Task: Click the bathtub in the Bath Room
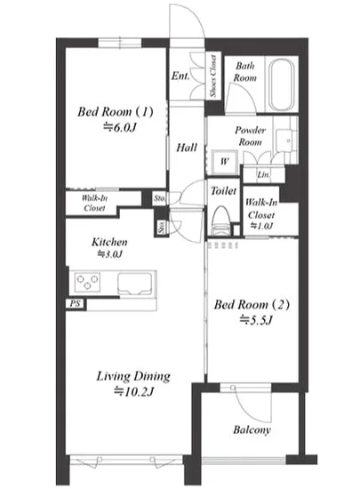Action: (282, 84)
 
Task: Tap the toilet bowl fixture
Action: (222, 220)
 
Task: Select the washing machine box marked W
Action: (224, 162)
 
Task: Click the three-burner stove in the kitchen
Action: (88, 282)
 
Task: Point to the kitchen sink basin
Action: (135, 284)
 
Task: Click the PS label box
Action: (75, 303)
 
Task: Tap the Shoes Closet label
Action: (212, 76)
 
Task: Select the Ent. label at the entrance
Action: (180, 76)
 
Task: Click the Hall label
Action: (187, 148)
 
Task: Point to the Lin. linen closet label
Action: (263, 174)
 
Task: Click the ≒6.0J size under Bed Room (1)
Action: (120, 127)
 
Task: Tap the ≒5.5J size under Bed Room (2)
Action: (256, 320)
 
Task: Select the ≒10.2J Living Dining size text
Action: (133, 391)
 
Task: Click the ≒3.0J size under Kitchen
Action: (109, 254)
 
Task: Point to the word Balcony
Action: (252, 429)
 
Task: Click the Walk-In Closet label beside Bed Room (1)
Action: (94, 203)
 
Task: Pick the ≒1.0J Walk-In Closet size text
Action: (262, 226)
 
